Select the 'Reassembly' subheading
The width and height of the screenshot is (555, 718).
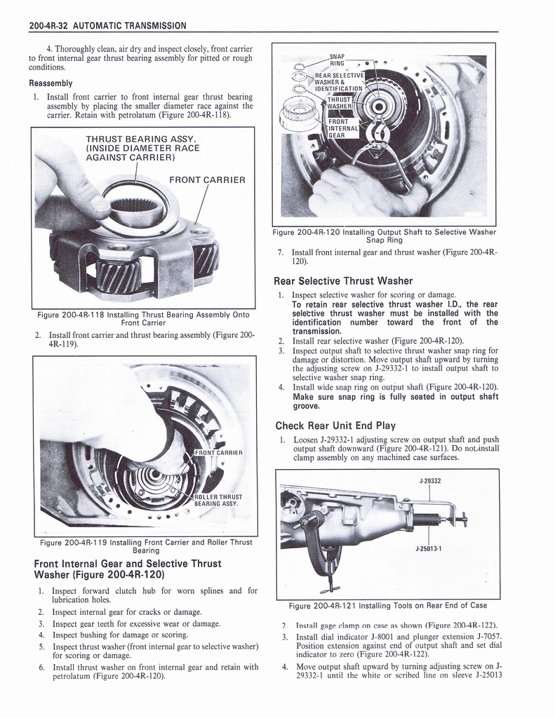pos(51,82)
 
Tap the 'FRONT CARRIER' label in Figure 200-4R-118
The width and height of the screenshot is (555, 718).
pos(207,180)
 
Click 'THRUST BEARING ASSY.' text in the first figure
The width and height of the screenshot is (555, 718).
pos(140,138)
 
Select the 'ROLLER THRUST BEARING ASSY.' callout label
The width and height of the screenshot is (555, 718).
pos(219,499)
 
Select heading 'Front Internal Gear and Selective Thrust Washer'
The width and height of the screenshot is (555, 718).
pos(127,569)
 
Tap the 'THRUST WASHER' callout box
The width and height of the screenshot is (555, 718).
pos(343,104)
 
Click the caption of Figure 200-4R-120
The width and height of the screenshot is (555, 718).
pos(385,236)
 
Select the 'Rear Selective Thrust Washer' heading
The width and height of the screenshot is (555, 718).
pos(343,281)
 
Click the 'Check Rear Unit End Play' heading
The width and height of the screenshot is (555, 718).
pos(335,425)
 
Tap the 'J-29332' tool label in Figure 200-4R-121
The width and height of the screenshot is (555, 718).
pos(429,481)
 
